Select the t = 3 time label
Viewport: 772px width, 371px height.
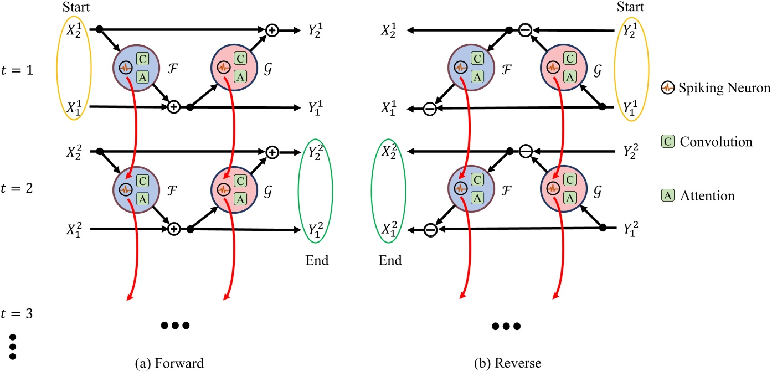(x=25, y=313)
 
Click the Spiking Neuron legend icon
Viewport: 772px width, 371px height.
(x=668, y=87)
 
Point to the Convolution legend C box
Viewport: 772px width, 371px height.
(x=668, y=141)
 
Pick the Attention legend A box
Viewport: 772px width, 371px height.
(x=668, y=195)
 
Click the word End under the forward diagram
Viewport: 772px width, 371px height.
(x=317, y=260)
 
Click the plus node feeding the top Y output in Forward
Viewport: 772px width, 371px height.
(x=271, y=31)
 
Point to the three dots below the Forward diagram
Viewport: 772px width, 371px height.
(x=175, y=326)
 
